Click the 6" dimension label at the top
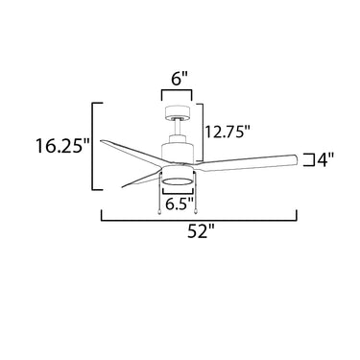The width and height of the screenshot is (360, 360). (x=177, y=79)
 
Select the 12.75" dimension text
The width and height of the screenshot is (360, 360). (x=227, y=132)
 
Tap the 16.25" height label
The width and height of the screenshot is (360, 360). (x=62, y=146)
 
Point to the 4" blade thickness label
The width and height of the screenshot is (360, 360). (x=325, y=160)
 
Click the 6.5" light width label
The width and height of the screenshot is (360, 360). (x=180, y=204)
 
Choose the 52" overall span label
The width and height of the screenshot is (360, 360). (x=201, y=231)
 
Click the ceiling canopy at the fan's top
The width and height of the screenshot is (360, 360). (x=178, y=111)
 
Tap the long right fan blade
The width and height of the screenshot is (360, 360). (x=247, y=161)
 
